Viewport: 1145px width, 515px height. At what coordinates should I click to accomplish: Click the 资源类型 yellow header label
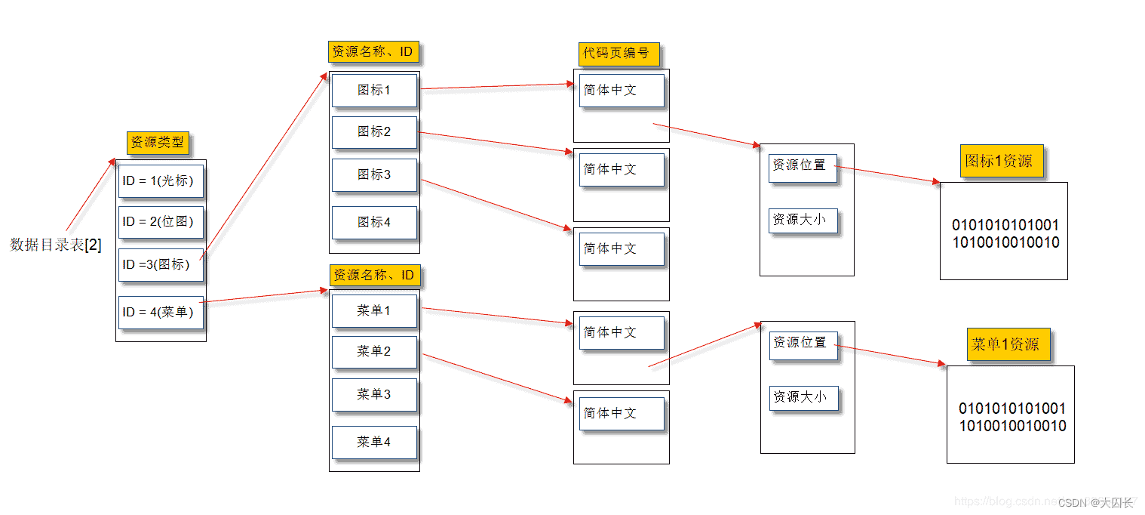pos(158,143)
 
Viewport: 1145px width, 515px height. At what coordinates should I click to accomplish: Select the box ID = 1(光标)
pos(161,181)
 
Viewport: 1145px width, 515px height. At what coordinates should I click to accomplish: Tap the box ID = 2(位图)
pos(161,222)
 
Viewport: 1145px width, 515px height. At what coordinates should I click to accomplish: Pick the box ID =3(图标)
pos(161,265)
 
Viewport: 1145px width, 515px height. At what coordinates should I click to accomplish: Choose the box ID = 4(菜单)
pos(161,312)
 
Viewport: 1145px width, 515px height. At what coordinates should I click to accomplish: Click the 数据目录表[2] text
pos(56,245)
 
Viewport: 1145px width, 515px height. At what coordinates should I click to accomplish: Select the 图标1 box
pos(374,90)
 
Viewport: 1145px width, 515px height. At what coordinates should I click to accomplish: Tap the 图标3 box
pos(374,174)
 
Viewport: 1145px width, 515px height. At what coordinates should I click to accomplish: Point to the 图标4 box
pos(374,223)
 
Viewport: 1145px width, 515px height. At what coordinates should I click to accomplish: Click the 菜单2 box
pos(374,352)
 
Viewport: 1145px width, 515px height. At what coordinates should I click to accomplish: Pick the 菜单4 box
pos(374,442)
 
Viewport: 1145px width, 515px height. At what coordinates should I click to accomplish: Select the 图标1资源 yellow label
pos(1001,161)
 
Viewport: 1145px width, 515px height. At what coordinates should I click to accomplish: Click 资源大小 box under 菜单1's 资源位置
pos(803,397)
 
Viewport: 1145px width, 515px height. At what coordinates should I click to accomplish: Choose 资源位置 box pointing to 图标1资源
pos(803,165)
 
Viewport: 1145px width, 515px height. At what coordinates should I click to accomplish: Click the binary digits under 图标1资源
pos(1005,234)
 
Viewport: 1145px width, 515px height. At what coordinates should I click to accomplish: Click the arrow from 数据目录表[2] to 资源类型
pos(91,194)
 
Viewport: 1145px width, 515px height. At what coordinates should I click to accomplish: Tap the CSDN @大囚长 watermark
pos(1095,503)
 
